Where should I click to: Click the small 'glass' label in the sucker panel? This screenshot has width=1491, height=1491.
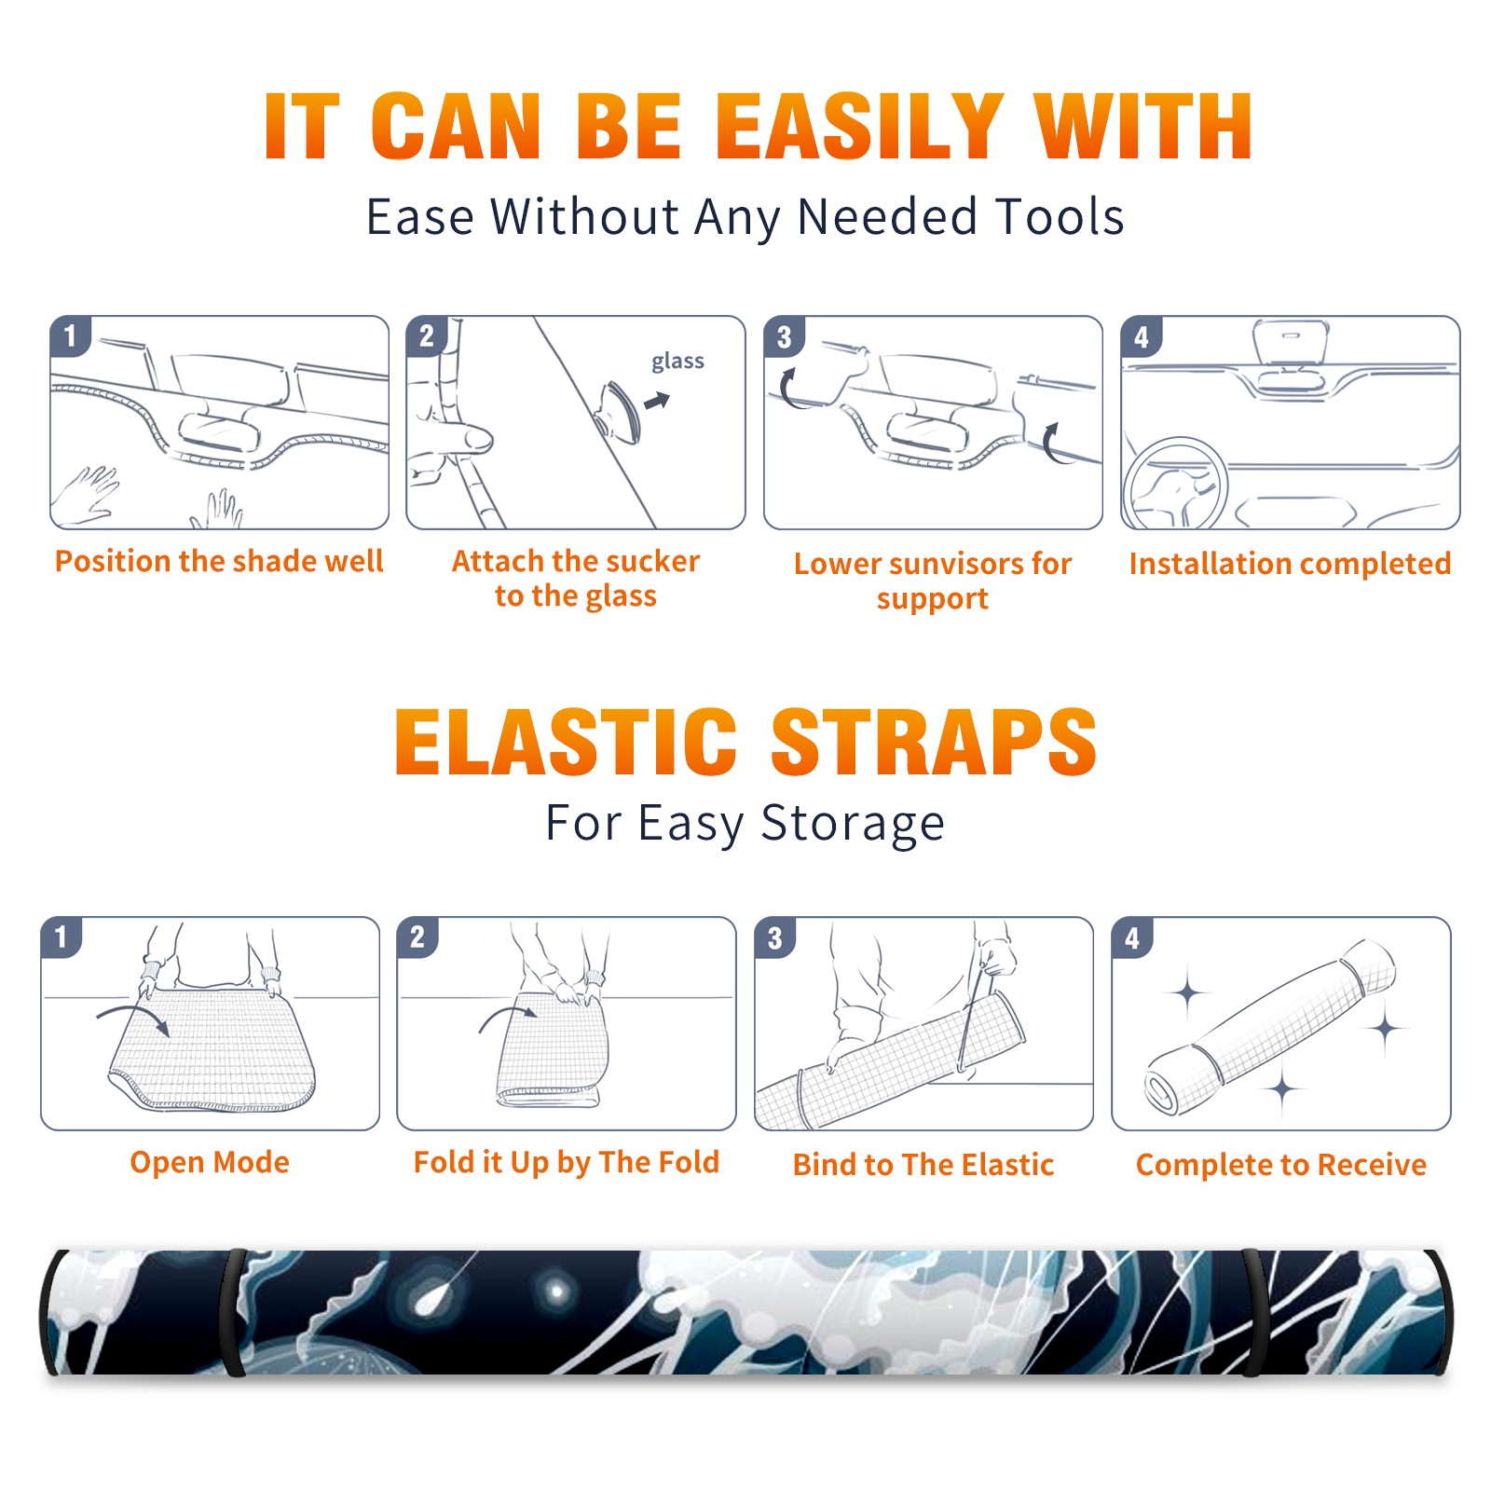click(677, 362)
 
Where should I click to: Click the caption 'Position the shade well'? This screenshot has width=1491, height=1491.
click(219, 561)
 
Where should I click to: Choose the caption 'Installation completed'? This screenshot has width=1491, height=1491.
click(1291, 564)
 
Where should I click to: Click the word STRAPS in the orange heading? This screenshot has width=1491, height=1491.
click(934, 742)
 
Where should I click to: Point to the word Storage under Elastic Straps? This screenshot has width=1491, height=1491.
click(853, 825)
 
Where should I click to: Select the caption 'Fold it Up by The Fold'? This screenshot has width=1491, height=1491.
click(567, 1163)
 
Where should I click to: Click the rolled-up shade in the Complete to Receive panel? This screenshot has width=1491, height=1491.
click(1270, 1026)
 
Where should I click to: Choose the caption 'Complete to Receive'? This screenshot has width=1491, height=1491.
click(1281, 1165)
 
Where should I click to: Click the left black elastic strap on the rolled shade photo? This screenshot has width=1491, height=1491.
click(234, 1312)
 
